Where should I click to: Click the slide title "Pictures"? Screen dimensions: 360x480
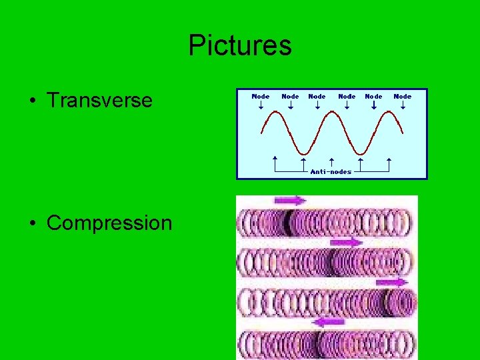pos(240,46)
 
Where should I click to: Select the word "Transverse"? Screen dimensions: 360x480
pos(99,101)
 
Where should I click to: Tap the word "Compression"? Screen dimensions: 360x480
pos(109,223)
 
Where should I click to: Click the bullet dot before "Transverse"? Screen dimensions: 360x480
pos(32,101)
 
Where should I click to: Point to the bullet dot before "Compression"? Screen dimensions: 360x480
pos(32,223)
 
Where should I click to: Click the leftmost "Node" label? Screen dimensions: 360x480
pos(260,97)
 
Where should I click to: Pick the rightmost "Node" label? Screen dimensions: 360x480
pos(403,97)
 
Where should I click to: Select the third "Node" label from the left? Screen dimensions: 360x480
pos(317,97)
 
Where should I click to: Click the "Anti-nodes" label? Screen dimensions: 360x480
pos(331,172)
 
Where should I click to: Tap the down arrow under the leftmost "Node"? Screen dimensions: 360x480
pos(260,105)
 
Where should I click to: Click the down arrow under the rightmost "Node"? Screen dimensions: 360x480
pos(403,105)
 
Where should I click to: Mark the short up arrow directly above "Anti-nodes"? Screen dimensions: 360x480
pos(331,162)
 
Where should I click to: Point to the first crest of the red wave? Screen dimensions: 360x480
pos(275,111)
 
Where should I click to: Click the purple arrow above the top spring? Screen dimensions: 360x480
pos(289,200)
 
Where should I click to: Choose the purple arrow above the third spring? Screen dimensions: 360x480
pos(393,283)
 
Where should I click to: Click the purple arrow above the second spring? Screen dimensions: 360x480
pos(346,242)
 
